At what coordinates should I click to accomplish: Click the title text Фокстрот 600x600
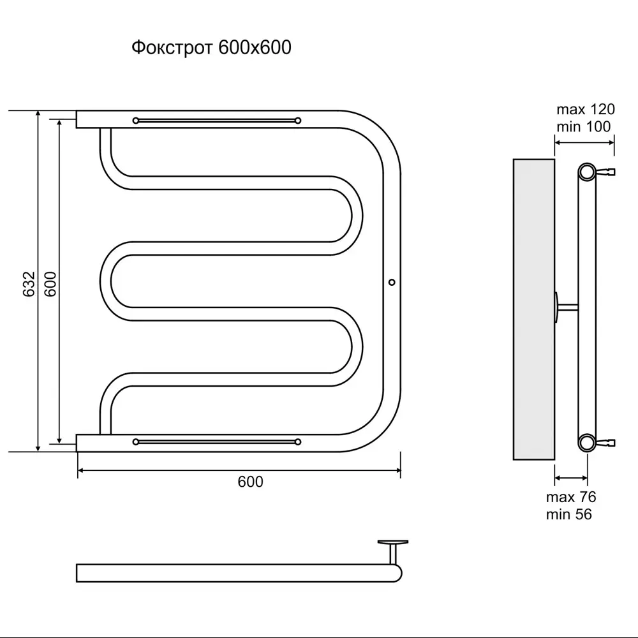coord(211,48)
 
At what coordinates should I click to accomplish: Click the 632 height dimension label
coord(29,284)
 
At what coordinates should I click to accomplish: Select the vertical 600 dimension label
coord(50,284)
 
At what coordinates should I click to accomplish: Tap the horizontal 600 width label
coord(250,482)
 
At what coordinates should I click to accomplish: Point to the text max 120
coord(586,110)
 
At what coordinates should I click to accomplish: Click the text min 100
coord(584,127)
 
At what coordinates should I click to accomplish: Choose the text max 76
coord(571,497)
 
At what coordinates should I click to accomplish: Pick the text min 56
coord(569,514)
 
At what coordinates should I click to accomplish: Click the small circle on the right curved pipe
coord(392,282)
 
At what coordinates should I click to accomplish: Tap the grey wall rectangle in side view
coord(534,309)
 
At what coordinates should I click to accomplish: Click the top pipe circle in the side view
coord(587,172)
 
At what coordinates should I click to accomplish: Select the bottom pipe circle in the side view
coord(587,443)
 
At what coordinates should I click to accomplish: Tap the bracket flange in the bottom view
coord(392,542)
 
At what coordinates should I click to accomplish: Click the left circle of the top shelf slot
coord(136,121)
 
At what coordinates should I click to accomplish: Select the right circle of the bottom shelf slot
coord(298,442)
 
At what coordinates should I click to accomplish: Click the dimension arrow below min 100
coord(584,142)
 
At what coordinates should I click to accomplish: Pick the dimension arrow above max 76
coord(571,478)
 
